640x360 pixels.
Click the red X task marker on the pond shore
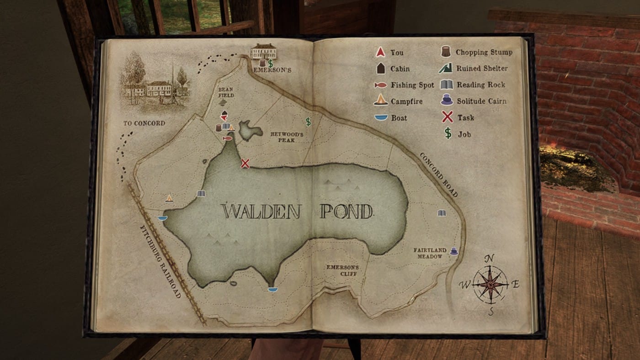pyautogui.click(x=245, y=163)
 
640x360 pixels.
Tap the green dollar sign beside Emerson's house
pyautogui.click(x=270, y=64)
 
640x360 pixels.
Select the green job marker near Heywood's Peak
pyautogui.click(x=308, y=122)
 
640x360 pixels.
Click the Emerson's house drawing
pyautogui.click(x=263, y=51)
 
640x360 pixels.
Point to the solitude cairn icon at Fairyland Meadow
pyautogui.click(x=453, y=251)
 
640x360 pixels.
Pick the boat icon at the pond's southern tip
pyautogui.click(x=273, y=289)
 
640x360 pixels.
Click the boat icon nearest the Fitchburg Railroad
pyautogui.click(x=162, y=218)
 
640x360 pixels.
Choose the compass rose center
pyautogui.click(x=490, y=284)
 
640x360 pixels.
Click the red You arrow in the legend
pyautogui.click(x=380, y=53)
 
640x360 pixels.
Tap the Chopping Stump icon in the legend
pyautogui.click(x=446, y=52)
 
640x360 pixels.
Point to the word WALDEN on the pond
pyautogui.click(x=261, y=212)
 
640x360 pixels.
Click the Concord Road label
pyautogui.click(x=439, y=175)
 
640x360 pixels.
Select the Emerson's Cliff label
pyautogui.click(x=342, y=270)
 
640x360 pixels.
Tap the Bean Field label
pyautogui.click(x=226, y=92)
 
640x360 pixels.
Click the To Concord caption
pyautogui.click(x=144, y=123)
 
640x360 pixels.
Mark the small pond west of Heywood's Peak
pyautogui.click(x=250, y=131)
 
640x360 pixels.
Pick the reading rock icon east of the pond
pyautogui.click(x=441, y=213)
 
